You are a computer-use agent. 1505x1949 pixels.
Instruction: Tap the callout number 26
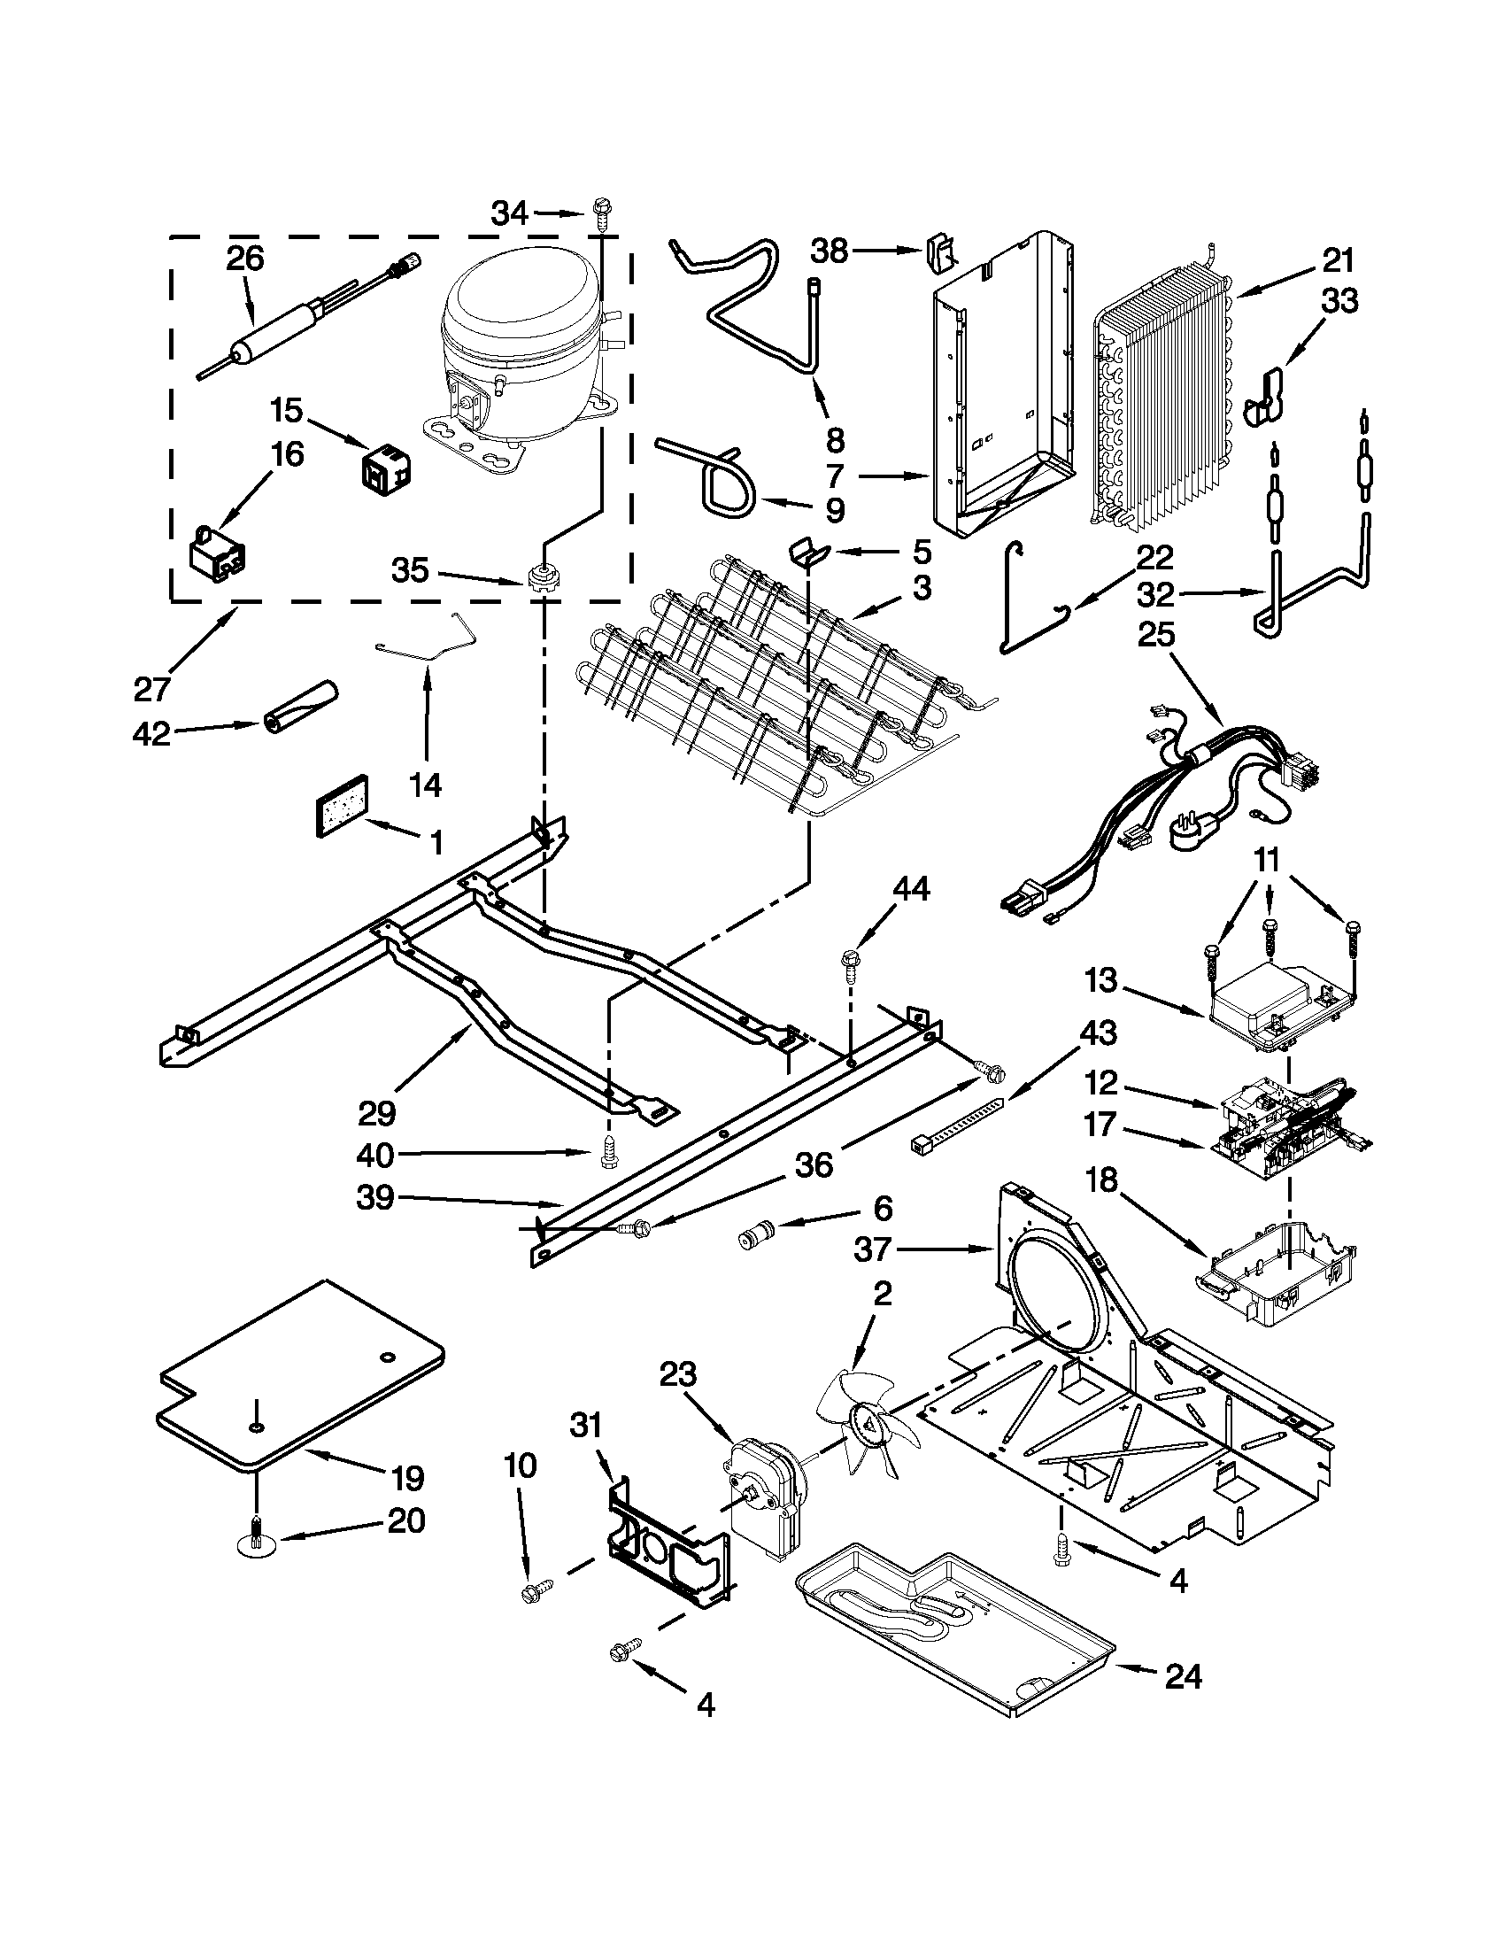[244, 259]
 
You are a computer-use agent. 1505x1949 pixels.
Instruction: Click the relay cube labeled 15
[385, 466]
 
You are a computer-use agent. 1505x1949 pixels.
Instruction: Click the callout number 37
[873, 1249]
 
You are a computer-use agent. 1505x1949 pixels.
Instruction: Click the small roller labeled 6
[755, 1240]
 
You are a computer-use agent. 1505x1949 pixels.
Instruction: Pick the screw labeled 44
[849, 962]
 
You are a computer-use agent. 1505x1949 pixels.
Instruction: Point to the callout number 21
[1338, 261]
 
